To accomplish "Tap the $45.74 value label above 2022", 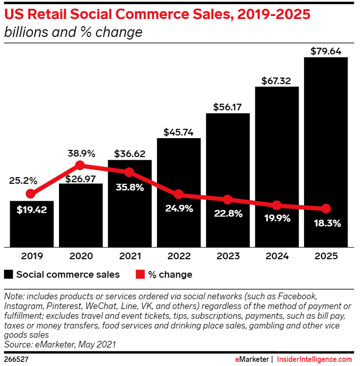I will coord(178,132).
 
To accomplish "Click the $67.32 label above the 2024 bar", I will coord(276,81).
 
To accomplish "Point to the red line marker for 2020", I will coord(80,165).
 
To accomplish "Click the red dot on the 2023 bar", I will coord(227,200).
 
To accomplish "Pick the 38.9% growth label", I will coord(80,153).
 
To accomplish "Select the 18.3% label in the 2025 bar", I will coord(326,224).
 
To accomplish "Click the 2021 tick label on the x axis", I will coord(129,256).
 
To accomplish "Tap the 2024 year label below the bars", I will coord(277,256).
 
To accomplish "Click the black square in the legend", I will coord(8,275).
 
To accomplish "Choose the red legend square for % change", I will coord(140,275).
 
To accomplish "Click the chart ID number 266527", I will coord(16,359).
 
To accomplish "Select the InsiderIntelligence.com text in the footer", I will coord(315,359).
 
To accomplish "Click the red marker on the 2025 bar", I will coord(326,208).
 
